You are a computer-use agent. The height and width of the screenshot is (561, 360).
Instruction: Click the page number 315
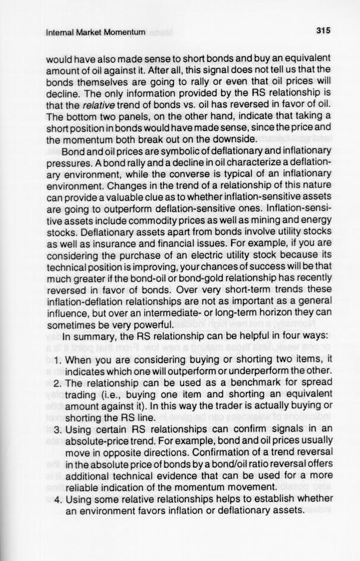tap(323, 30)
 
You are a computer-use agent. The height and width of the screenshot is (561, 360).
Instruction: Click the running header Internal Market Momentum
tap(95, 32)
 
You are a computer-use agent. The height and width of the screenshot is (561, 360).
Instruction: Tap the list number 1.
tap(58, 359)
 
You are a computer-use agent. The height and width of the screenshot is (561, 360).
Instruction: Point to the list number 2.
tap(58, 382)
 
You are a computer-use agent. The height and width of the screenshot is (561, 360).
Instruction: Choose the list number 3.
tap(58, 429)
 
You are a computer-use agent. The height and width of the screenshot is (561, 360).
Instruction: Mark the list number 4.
tap(58, 498)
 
